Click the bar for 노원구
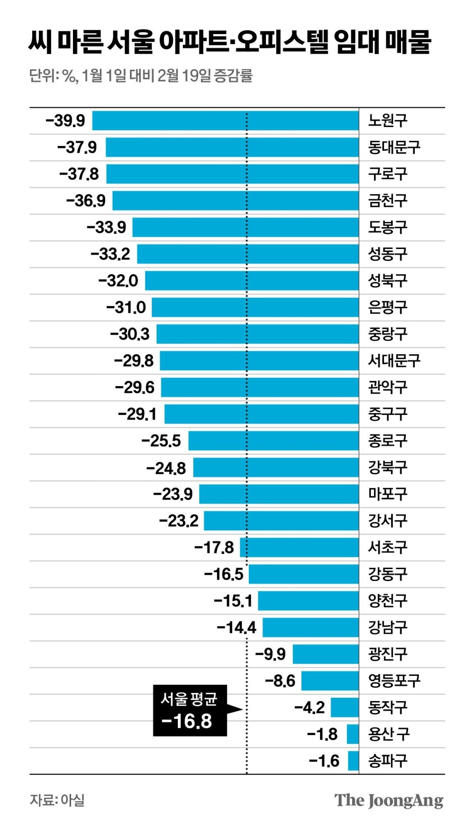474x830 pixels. point(225,120)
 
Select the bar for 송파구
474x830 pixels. point(353,761)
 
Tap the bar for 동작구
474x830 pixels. point(345,708)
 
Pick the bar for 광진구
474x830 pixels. point(326,654)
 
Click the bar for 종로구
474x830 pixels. point(273,441)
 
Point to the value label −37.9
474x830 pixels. point(77,148)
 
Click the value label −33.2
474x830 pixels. point(110,254)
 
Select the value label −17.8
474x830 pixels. point(214,548)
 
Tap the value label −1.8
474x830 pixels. point(322,734)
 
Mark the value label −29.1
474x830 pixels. point(137,414)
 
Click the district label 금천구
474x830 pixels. point(388,201)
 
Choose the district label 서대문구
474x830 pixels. point(394,361)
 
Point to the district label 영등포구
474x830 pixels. point(394,681)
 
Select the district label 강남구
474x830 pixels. point(388,627)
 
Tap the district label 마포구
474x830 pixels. point(388,494)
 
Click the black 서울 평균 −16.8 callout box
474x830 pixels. point(190,710)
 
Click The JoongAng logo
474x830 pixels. point(389,801)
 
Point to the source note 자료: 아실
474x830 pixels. point(57,800)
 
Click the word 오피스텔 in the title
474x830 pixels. point(275,42)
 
